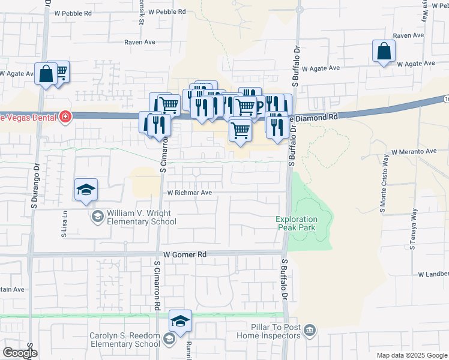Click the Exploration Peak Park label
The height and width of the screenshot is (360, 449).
[x=296, y=223]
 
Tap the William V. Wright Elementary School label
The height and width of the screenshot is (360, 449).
[x=142, y=217]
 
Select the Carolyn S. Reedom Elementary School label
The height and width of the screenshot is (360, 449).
[x=125, y=339]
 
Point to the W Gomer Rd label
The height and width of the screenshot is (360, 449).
[x=184, y=254]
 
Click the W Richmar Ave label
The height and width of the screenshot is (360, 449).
[x=190, y=193]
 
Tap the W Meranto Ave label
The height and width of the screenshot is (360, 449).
[x=414, y=152]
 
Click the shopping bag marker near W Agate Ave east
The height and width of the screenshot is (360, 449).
[x=384, y=52]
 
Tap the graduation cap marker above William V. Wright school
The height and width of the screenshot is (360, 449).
[x=86, y=190]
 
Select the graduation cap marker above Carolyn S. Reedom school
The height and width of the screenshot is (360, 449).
[x=180, y=321]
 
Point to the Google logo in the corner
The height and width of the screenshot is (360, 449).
[x=20, y=353]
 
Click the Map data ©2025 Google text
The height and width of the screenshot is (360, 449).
[x=411, y=355]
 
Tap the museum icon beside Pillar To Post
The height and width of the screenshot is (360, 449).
[x=310, y=330]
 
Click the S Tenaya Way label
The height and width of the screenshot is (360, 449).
[x=412, y=229]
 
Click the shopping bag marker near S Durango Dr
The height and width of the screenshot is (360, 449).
[x=46, y=74]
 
